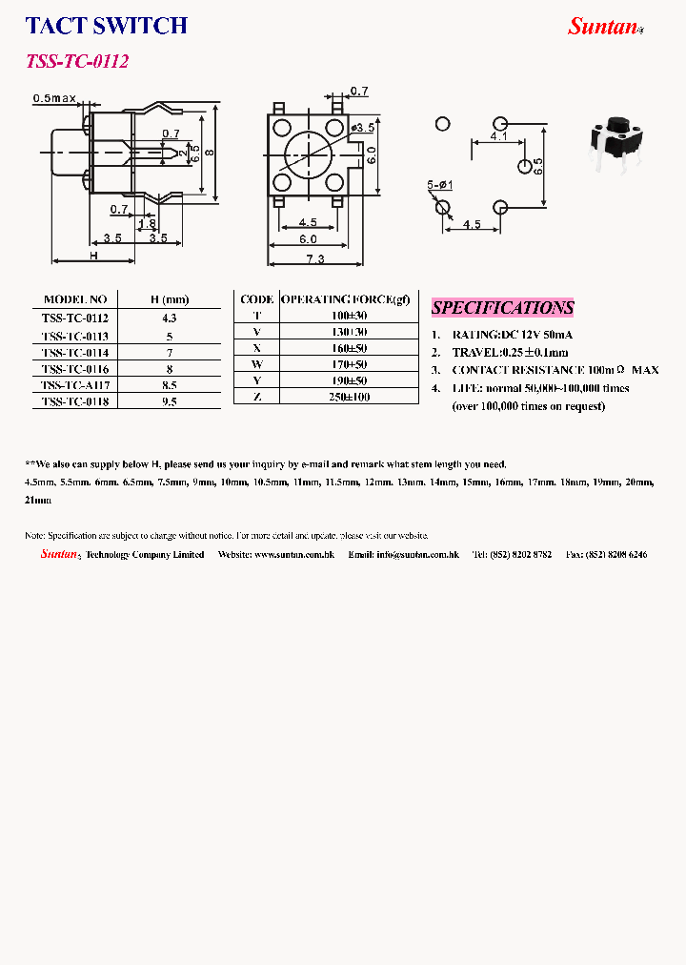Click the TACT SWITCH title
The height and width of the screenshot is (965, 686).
[x=106, y=26]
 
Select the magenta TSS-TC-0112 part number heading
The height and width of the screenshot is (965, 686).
[x=76, y=62]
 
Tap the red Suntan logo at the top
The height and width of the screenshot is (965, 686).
[x=603, y=27]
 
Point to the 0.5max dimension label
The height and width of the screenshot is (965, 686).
[x=54, y=98]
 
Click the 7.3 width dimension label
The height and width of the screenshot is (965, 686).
[x=314, y=259]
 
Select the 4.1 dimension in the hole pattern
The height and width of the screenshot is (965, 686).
[x=498, y=137]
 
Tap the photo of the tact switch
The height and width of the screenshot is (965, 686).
[x=615, y=143]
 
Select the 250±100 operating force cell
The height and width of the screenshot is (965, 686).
[x=348, y=397]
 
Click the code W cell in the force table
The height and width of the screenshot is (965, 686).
[x=256, y=364]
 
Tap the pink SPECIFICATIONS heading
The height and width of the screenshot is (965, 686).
[x=502, y=307]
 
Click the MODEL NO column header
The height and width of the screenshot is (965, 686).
[x=75, y=299]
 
